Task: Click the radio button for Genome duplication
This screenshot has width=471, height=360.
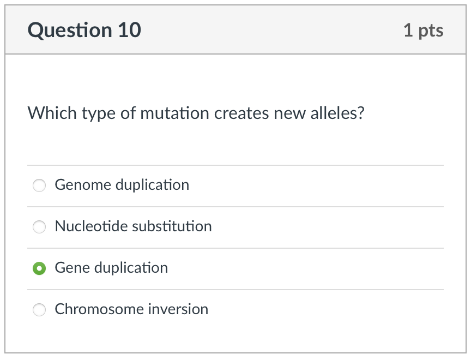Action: tap(39, 186)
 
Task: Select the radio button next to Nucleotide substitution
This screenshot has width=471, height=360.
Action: tap(39, 227)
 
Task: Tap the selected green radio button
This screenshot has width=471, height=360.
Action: tap(39, 268)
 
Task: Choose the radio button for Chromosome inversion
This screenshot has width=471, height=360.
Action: tap(39, 310)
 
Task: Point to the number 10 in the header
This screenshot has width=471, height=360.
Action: tap(129, 31)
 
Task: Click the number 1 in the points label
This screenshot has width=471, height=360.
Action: tap(408, 31)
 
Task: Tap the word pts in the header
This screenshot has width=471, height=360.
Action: tap(431, 31)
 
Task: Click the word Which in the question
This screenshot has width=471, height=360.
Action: tap(52, 113)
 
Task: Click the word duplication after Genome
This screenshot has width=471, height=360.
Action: tap(152, 185)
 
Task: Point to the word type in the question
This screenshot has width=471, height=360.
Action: tap(99, 115)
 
